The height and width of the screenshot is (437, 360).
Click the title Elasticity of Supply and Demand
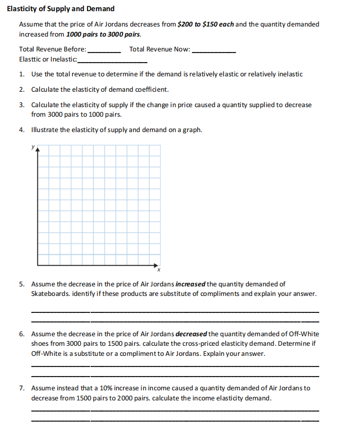60,9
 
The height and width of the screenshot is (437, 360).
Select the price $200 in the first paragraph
186,24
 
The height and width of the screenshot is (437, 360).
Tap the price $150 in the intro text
210,24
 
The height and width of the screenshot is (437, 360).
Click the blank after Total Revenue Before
104,51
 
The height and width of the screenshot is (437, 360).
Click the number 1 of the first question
21,74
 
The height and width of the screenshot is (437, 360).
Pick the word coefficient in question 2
151,89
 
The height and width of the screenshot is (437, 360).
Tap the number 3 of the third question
21,105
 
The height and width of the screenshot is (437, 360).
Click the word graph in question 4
191,129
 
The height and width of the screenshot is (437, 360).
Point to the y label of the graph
33,146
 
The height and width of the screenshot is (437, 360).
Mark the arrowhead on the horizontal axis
156,264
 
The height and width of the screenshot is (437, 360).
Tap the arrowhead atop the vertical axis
37,149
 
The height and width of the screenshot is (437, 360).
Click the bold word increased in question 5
190,284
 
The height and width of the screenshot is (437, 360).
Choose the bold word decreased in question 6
191,334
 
